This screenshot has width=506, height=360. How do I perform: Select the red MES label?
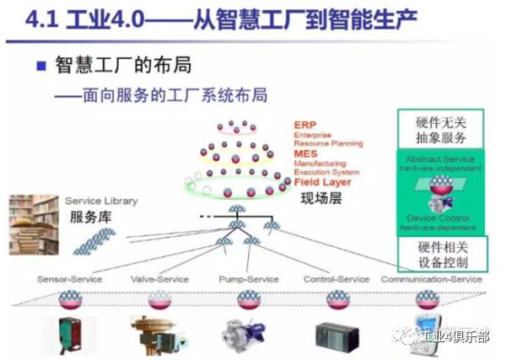click(x=304, y=154)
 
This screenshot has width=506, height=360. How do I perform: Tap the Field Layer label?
click(x=322, y=181)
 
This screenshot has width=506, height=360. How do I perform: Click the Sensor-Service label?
click(x=69, y=279)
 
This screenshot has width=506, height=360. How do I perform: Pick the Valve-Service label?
click(x=159, y=279)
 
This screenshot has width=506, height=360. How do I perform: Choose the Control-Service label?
click(x=337, y=279)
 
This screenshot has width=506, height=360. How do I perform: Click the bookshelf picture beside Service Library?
click(x=35, y=224)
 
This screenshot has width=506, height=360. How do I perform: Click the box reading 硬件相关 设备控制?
click(x=441, y=254)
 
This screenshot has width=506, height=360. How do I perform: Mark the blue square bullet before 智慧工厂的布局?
click(x=42, y=66)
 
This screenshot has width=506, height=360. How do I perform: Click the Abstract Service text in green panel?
click(x=440, y=159)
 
